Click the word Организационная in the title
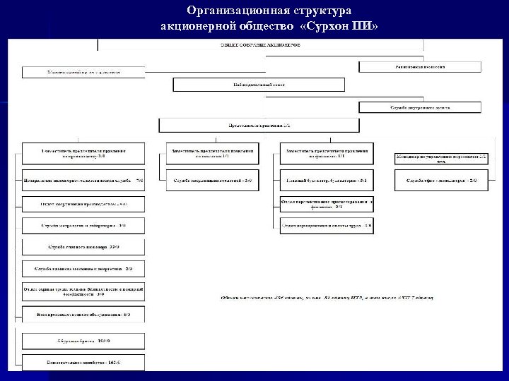pyautogui.click(x=233, y=11)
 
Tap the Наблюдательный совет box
pyautogui.click(x=259, y=85)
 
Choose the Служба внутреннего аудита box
pyautogui.click(x=419, y=108)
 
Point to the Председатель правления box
pyautogui.click(x=259, y=126)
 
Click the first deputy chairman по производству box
pyautogui.click(x=83, y=153)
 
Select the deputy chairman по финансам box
pyautogui.click(x=326, y=153)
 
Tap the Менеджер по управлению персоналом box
pyautogui.click(x=441, y=158)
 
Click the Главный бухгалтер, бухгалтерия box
pyautogui.click(x=326, y=181)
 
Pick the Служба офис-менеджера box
pyautogui.click(x=441, y=181)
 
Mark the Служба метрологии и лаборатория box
pyautogui.click(x=83, y=226)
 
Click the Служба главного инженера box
pyautogui.click(x=83, y=248)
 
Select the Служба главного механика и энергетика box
pyautogui.click(x=83, y=270)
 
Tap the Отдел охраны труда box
pyautogui.click(x=83, y=291)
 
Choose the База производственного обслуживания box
pyautogui.click(x=83, y=314)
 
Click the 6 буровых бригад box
pyautogui.click(x=83, y=341)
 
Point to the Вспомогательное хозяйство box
pyautogui.click(x=83, y=363)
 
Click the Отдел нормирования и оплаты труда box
pyautogui.click(x=326, y=226)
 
